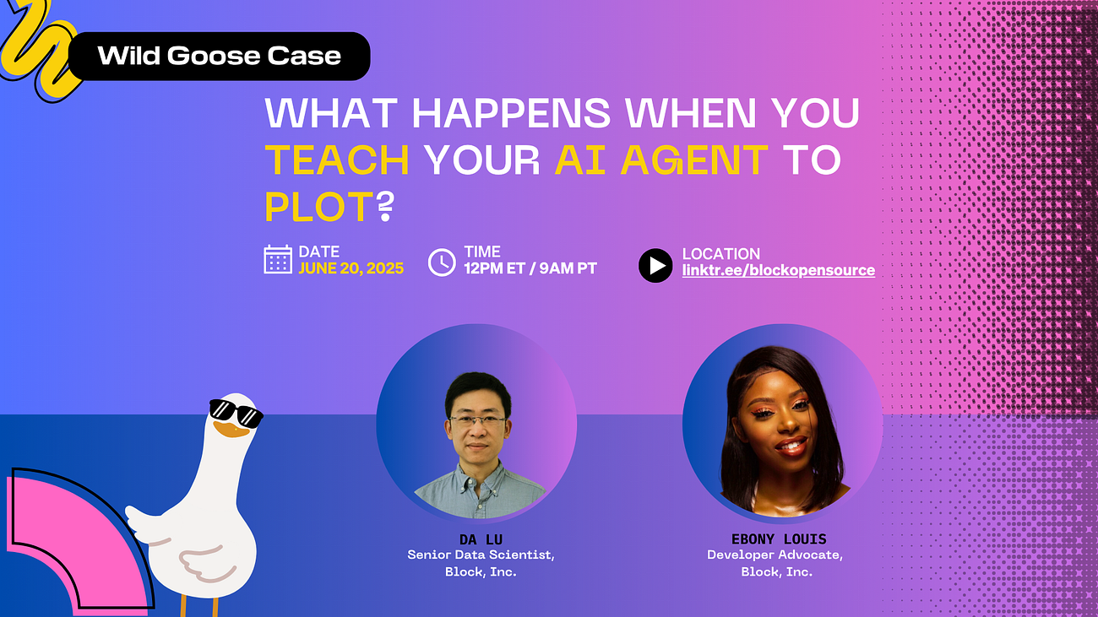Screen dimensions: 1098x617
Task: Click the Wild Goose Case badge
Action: (x=219, y=56)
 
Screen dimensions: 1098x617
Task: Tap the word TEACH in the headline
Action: (x=337, y=160)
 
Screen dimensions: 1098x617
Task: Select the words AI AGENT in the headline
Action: (x=661, y=160)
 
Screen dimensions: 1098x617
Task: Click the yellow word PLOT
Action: (x=319, y=207)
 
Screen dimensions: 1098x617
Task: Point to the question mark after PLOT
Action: (x=386, y=207)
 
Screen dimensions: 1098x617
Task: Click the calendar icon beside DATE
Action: (x=278, y=259)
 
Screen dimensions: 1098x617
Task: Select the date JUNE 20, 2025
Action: (x=351, y=268)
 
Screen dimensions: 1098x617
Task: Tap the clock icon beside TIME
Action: (x=442, y=262)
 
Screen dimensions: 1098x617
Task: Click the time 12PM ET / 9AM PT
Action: (x=530, y=268)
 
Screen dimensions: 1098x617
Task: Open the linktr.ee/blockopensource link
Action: (x=779, y=270)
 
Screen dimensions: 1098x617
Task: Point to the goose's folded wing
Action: (x=202, y=563)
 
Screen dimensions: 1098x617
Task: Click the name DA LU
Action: (x=481, y=539)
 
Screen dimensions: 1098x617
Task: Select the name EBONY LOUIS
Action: (x=779, y=539)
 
